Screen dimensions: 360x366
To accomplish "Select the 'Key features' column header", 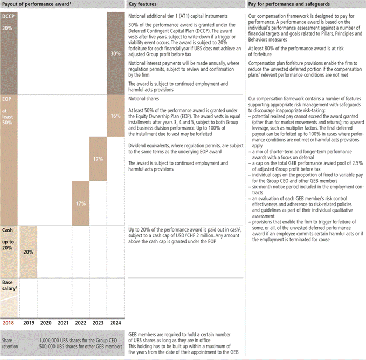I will pos(143,4).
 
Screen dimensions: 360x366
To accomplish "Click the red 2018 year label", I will pos(9,323).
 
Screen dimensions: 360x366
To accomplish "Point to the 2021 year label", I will pos(63,323).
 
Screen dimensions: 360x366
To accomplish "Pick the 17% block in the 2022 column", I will pos(80,203).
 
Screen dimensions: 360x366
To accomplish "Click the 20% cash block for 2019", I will pos(28,252).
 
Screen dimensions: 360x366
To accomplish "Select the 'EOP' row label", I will pos(8,100).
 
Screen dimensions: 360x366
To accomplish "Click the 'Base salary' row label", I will pos(9,285).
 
